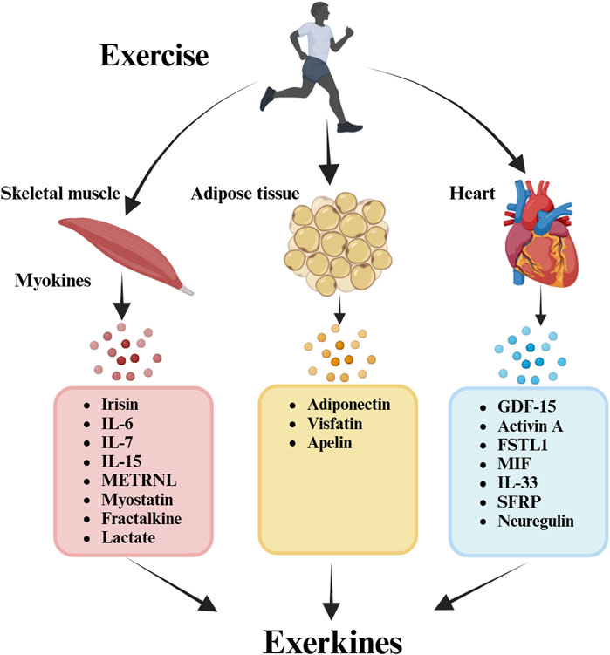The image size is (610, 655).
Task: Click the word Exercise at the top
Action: pos(154,55)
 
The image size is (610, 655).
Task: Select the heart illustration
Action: pos(539,234)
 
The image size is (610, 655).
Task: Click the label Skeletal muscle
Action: pos(60,194)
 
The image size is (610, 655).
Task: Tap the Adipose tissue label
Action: pos(245,194)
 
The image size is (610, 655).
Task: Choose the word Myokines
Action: pos(52,280)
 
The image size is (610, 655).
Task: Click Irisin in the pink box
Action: pos(120,405)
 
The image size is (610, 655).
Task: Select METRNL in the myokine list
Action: pos(139,481)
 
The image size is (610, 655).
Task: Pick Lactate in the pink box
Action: pos(128,537)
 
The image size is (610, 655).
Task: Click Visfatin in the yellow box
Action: pos(335,424)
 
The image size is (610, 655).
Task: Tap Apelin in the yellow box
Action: pos(330,443)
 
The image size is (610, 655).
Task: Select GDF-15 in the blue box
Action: pos(526,406)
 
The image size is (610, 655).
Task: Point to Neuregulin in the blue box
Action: pos(536,521)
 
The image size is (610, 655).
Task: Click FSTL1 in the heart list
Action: pos(522,445)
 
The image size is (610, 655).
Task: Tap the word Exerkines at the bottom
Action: pos(332,641)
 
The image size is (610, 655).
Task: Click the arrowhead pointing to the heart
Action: pos(517,163)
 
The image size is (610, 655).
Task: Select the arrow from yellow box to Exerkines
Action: pos(332,591)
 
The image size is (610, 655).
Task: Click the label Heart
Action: pos(472,194)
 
